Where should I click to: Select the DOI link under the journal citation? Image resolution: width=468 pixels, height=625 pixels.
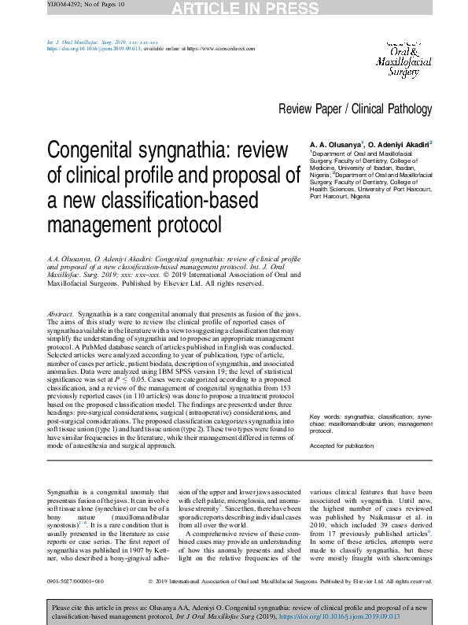point(94,48)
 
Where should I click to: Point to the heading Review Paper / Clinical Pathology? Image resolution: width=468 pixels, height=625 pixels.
point(355,109)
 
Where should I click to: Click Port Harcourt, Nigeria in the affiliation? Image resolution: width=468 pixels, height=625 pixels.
point(343,196)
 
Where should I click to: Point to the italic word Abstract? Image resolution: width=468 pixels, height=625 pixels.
point(60,314)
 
